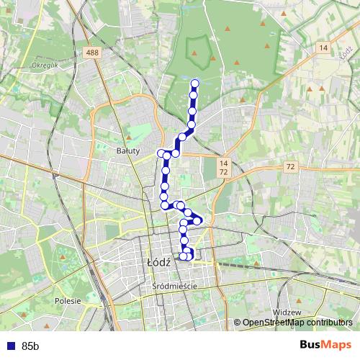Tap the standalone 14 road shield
(323, 48)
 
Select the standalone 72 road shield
(289, 166)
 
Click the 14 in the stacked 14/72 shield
(224, 163)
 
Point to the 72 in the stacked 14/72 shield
(224, 173)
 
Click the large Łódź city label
(158, 263)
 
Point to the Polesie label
(68, 301)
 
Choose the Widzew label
(286, 312)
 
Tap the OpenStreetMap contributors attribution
(297, 323)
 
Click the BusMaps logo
(326, 346)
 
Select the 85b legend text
(31, 346)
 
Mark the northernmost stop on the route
(194, 83)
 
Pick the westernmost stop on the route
(161, 153)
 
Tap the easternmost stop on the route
(200, 220)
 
